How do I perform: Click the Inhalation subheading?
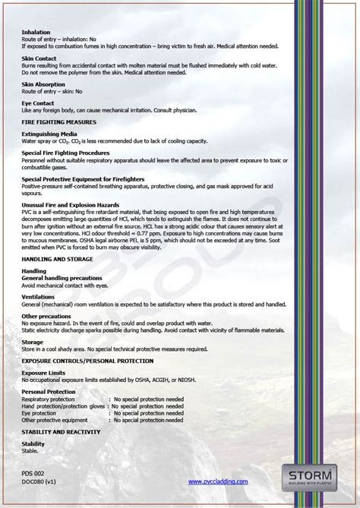coord(36,33)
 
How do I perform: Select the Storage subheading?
coord(33,342)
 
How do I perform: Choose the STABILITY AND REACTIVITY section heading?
coord(61,431)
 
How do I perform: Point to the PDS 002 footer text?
coord(33,473)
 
